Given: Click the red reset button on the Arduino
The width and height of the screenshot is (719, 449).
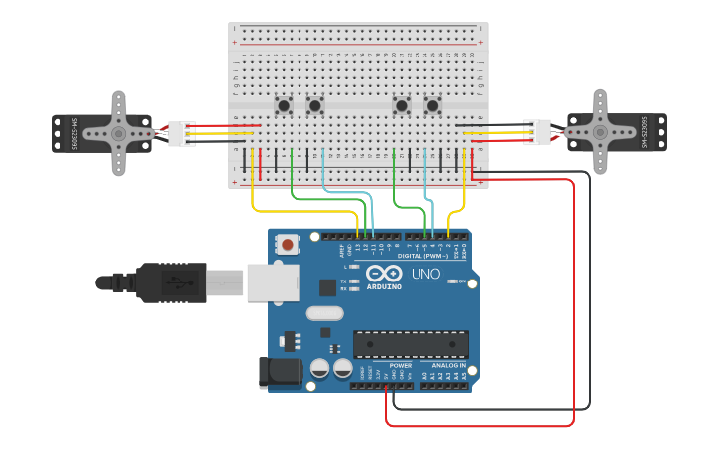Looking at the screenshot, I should click(x=288, y=243).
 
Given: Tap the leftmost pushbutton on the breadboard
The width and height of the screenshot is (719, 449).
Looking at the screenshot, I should click(x=285, y=104).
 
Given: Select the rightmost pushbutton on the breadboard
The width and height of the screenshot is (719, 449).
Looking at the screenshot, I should click(x=433, y=104).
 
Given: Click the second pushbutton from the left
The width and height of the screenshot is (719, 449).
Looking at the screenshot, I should click(x=315, y=104).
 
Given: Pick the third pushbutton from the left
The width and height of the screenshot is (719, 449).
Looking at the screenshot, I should click(x=402, y=104).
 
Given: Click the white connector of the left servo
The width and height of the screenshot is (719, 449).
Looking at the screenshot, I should click(x=181, y=133).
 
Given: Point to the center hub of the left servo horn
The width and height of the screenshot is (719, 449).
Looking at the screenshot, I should click(x=118, y=133).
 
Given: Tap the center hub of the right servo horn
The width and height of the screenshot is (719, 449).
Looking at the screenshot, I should click(x=600, y=131).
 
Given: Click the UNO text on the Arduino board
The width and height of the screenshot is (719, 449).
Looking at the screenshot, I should click(x=425, y=274).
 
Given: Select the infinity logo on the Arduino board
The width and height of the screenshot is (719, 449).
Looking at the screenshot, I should click(x=383, y=274).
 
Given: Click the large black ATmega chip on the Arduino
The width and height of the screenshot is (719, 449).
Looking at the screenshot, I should click(x=411, y=344).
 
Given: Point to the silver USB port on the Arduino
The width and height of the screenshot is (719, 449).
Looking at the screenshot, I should click(x=272, y=281).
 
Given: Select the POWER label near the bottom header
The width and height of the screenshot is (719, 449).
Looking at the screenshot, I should click(x=401, y=365).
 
